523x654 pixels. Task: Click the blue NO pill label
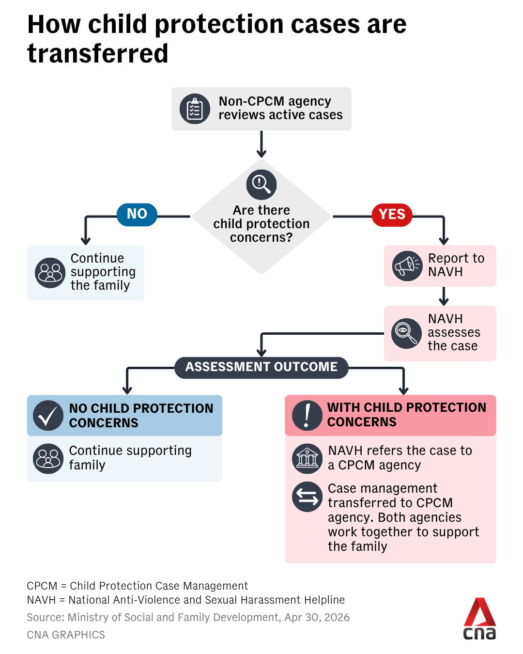pos(137,214)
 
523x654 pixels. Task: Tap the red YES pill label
pos(392,215)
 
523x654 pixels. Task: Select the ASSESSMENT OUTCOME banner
pos(261,367)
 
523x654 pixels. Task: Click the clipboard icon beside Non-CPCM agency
pos(195,109)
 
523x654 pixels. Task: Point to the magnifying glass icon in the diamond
pos(261,185)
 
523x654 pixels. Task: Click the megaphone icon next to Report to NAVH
pos(407,265)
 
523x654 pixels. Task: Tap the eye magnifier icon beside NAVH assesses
pos(406,333)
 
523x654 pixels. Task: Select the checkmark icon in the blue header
pos(48,416)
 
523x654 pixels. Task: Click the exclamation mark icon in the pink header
pos(307,415)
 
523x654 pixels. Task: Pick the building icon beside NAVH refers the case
pos(307,458)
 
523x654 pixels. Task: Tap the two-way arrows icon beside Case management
pos(307,497)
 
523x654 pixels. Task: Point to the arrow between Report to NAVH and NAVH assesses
pos(444,296)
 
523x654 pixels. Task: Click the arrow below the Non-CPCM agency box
pos(261,144)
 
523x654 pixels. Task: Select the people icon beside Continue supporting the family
pos(50,273)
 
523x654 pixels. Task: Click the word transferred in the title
pos(98,53)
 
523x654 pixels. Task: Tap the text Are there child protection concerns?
pos(261,224)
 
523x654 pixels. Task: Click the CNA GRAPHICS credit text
pos(66,635)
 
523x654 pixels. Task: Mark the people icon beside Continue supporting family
pos(48,458)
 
